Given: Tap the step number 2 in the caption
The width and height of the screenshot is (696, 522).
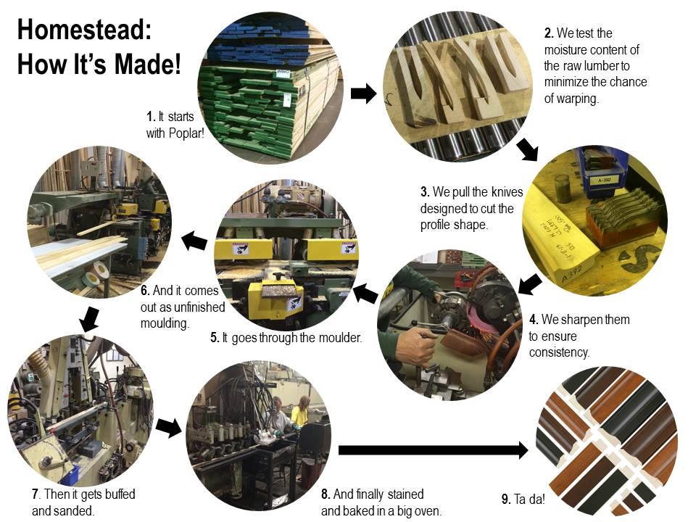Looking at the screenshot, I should [x=548, y=33].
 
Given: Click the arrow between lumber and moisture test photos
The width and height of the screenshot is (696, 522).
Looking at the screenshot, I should [x=363, y=93].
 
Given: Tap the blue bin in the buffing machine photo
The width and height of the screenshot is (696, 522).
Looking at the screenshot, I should [x=70, y=474].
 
